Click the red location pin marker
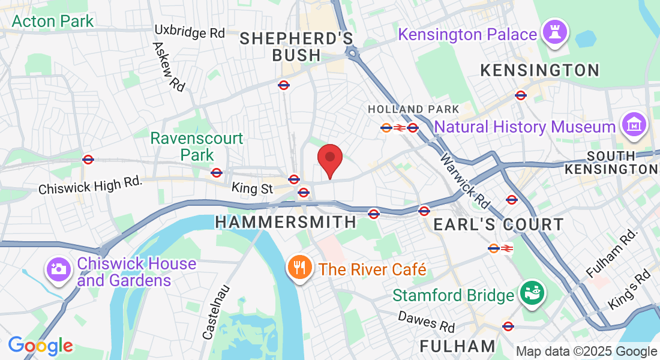329,158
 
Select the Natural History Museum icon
634,125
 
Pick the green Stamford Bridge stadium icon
530,294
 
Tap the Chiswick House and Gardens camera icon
59,269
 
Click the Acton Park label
53,22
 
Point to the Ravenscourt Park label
197,146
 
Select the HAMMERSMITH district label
286,222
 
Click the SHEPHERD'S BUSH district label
296,47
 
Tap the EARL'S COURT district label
499,225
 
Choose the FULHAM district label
457,346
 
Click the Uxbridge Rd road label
189,31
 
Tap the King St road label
252,189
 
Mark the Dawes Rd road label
426,321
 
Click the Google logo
40,346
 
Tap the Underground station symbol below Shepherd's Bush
284,85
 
